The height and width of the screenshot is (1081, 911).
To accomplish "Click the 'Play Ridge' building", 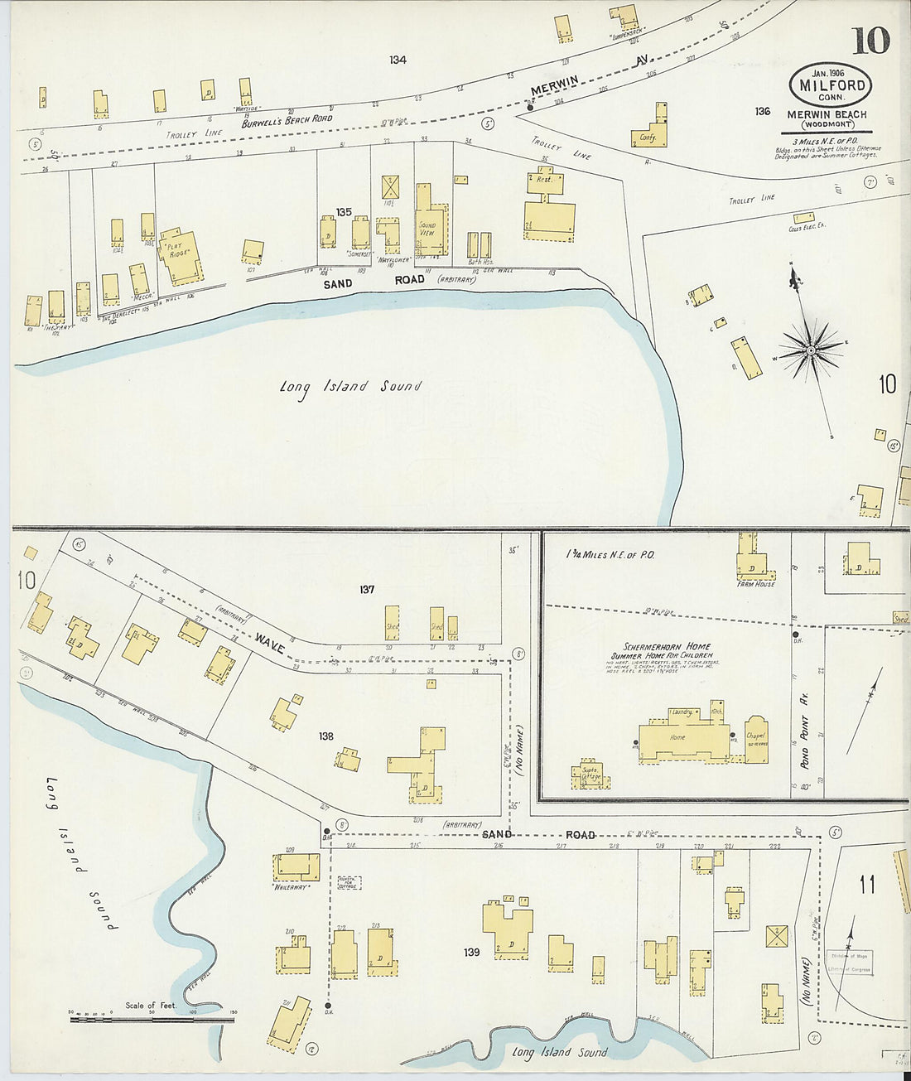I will click(181, 251).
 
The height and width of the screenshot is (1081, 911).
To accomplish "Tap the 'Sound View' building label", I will click(427, 229).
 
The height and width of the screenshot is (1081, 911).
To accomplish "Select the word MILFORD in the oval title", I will click(831, 84).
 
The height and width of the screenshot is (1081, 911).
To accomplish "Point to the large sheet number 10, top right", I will click(870, 40).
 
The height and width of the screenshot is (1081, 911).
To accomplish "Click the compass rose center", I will click(811, 351).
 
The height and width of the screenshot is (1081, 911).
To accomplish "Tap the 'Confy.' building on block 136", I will click(648, 137).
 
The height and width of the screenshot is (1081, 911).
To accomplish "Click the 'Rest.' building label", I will click(544, 180).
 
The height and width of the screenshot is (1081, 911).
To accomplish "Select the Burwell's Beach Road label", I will click(287, 121).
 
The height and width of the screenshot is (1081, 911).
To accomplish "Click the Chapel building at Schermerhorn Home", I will click(756, 739).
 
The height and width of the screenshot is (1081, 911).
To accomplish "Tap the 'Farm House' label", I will click(756, 584).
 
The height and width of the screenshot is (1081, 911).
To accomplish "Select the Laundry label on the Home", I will click(682, 712).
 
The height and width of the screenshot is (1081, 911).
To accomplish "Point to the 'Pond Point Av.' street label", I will click(803, 732).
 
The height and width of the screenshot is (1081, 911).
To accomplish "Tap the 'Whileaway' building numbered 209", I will click(296, 867).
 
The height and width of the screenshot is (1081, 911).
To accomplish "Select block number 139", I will click(471, 952).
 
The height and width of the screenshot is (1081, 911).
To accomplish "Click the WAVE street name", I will click(271, 640).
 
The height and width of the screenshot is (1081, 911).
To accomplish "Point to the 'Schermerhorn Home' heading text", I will click(667, 646).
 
